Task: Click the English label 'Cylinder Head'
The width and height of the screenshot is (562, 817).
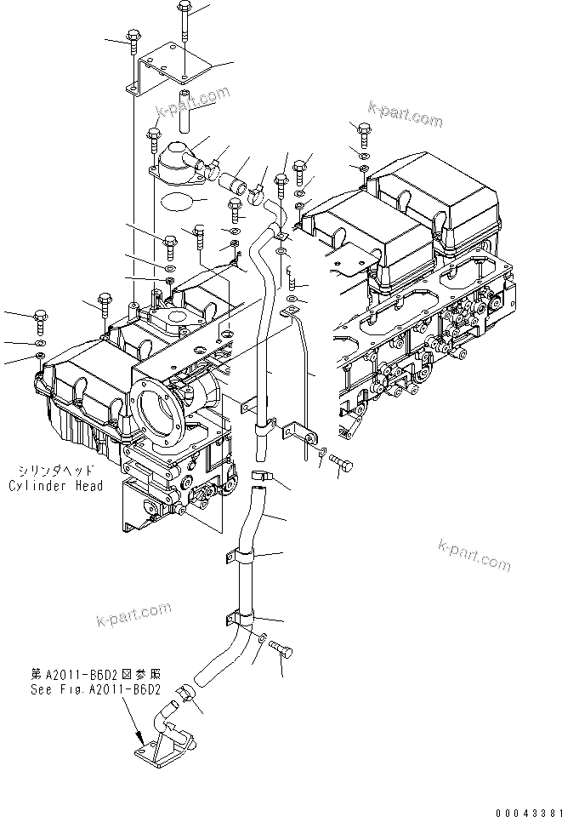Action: [56, 486]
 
